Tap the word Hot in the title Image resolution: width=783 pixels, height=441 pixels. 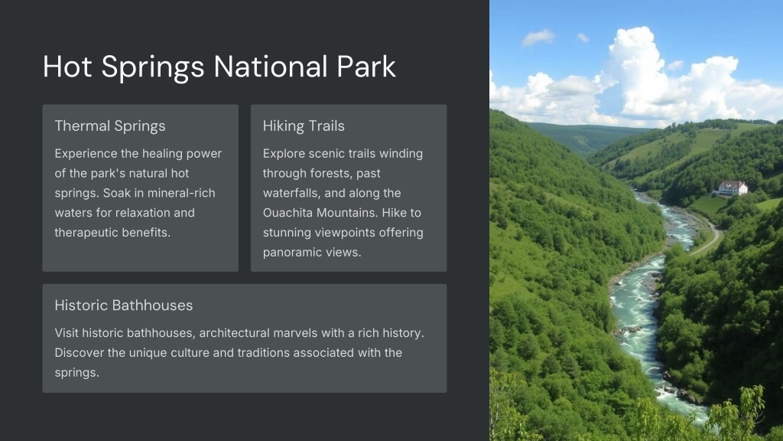[x=67, y=67]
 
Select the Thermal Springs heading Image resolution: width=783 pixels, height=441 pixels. [x=110, y=126]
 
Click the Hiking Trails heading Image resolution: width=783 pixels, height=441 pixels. [x=304, y=126]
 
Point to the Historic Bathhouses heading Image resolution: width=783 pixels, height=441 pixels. [x=123, y=305]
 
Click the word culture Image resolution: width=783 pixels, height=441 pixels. [x=190, y=352]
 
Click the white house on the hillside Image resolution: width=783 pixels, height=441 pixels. [x=733, y=188]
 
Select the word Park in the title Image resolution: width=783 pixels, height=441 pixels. [x=366, y=67]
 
